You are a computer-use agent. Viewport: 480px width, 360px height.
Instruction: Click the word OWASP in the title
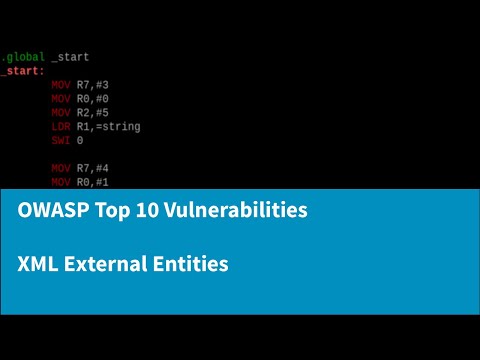click(51, 212)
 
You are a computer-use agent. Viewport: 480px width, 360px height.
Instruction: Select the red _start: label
click(21, 71)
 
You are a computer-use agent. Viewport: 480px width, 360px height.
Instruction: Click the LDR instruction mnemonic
click(61, 127)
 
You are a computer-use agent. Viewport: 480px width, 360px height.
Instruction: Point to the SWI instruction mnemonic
click(61, 141)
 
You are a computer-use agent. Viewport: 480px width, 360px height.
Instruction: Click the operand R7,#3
click(93, 85)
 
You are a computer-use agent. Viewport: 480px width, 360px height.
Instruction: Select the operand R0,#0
click(93, 99)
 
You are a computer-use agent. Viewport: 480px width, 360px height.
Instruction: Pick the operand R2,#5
click(93, 113)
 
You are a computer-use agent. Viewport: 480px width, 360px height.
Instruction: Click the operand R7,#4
click(93, 169)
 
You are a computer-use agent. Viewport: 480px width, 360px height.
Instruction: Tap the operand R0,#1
click(93, 183)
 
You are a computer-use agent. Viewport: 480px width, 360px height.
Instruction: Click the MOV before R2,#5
click(61, 113)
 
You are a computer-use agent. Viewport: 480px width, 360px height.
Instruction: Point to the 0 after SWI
click(80, 141)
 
